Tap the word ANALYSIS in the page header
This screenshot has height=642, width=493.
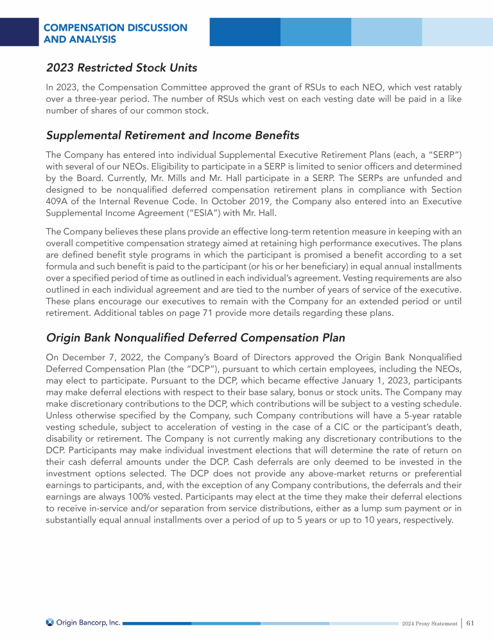pos(80,39)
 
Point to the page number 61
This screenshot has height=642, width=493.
pos(471,623)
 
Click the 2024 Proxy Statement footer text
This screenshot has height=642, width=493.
pos(429,623)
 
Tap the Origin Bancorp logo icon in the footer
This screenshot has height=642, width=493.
pos(50,622)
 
